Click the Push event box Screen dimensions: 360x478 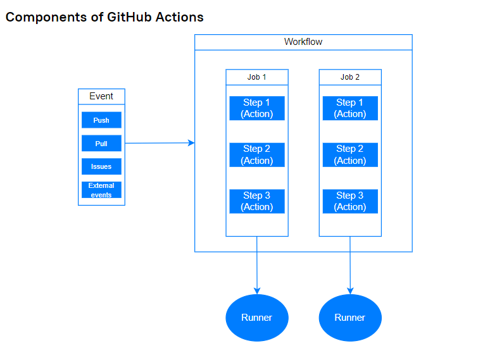pyautogui.click(x=101, y=120)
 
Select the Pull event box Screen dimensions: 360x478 pyautogui.click(x=101, y=144)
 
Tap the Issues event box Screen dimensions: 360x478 pyautogui.click(x=101, y=166)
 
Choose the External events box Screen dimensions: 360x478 pyautogui.click(x=101, y=190)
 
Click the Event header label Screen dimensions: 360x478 pyautogui.click(x=101, y=96)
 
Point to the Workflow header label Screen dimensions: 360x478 pyautogui.click(x=303, y=42)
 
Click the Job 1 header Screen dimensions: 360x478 pyautogui.click(x=256, y=77)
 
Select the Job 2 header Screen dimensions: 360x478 pyautogui.click(x=350, y=77)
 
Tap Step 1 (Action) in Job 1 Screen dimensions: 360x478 pyautogui.click(x=256, y=108)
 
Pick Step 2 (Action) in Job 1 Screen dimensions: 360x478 pyautogui.click(x=256, y=155)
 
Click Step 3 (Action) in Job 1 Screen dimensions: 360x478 pyautogui.click(x=256, y=201)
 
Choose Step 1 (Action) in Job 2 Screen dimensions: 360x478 pyautogui.click(x=350, y=108)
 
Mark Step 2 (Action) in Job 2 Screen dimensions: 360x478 pyautogui.click(x=350, y=155)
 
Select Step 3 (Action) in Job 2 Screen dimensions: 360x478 pyautogui.click(x=350, y=201)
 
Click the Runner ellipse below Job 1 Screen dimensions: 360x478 pyautogui.click(x=257, y=317)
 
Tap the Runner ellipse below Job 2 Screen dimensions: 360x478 pyautogui.click(x=350, y=317)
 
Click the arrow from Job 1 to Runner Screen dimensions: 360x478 pyautogui.click(x=257, y=266)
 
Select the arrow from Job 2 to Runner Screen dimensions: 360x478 pyautogui.click(x=350, y=266)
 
